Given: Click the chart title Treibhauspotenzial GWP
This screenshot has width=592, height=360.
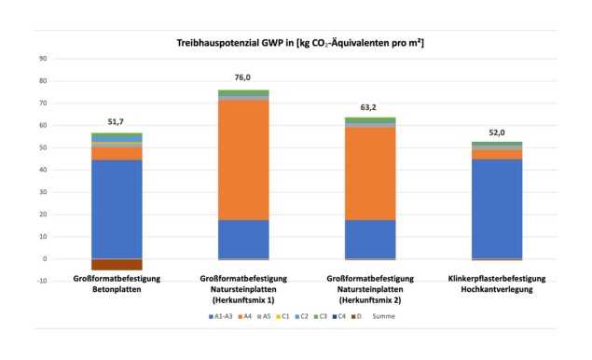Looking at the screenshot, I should pos(300,44).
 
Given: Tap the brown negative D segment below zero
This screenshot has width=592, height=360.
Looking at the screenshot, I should pos(117,264).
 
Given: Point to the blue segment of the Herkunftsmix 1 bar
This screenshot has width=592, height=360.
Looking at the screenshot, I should pos(243,239).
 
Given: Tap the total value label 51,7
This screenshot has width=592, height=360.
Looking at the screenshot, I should pos(117,122).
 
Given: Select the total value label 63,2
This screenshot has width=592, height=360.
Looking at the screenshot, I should pos(370,107).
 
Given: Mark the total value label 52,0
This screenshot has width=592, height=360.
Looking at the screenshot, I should pos(496,132).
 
